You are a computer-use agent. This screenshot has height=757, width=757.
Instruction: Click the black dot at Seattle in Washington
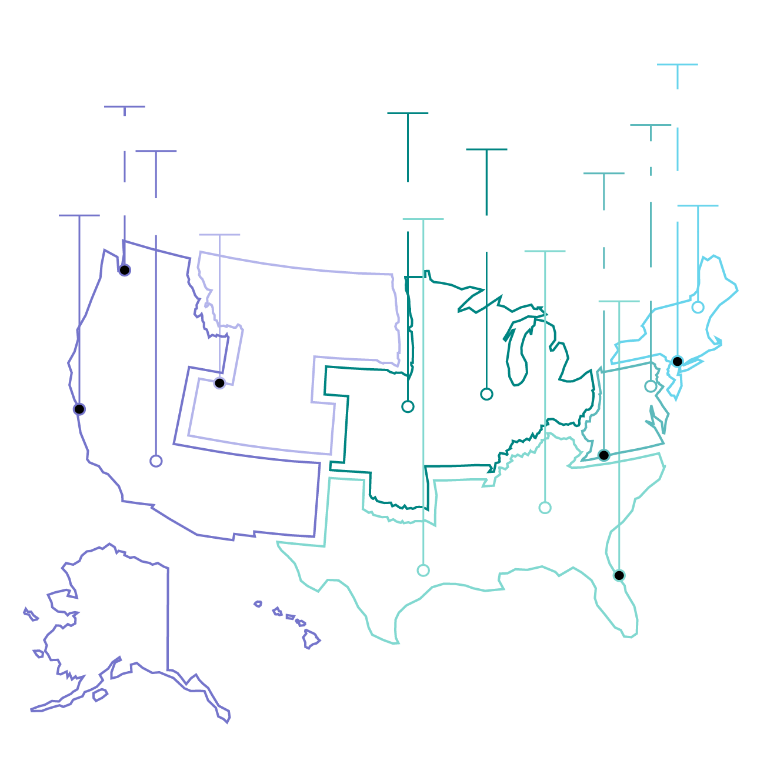click(x=125, y=270)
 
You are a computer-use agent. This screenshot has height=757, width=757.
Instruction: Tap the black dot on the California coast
click(x=79, y=409)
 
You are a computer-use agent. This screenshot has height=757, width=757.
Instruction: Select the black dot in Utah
click(x=219, y=383)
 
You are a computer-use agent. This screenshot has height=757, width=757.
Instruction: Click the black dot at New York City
click(x=678, y=361)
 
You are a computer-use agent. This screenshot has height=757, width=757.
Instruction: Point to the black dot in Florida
click(x=619, y=575)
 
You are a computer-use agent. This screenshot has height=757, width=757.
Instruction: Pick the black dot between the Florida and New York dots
click(x=604, y=455)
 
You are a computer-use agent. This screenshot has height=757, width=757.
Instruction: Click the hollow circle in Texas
click(x=423, y=570)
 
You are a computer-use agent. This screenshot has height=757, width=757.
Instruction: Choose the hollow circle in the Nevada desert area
click(x=156, y=461)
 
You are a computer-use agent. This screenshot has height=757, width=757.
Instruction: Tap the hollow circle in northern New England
click(x=698, y=307)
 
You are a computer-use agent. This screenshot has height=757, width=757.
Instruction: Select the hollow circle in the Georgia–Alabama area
click(x=545, y=508)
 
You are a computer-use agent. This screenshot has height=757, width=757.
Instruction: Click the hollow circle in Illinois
click(x=486, y=394)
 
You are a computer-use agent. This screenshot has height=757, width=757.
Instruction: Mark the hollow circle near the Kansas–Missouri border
click(x=408, y=406)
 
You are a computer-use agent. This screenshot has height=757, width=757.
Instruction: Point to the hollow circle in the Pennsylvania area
click(x=651, y=386)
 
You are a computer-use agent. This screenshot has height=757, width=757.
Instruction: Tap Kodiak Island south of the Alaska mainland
click(x=101, y=696)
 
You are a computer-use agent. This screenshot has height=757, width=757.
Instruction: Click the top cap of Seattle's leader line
click(x=125, y=106)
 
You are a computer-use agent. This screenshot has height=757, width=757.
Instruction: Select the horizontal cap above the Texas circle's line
click(x=423, y=219)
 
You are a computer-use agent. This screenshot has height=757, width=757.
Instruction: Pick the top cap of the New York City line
click(x=678, y=65)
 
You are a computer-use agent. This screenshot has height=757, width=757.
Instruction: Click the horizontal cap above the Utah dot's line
click(x=219, y=235)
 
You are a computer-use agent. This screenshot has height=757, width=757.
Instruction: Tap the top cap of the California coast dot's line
click(x=79, y=215)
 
